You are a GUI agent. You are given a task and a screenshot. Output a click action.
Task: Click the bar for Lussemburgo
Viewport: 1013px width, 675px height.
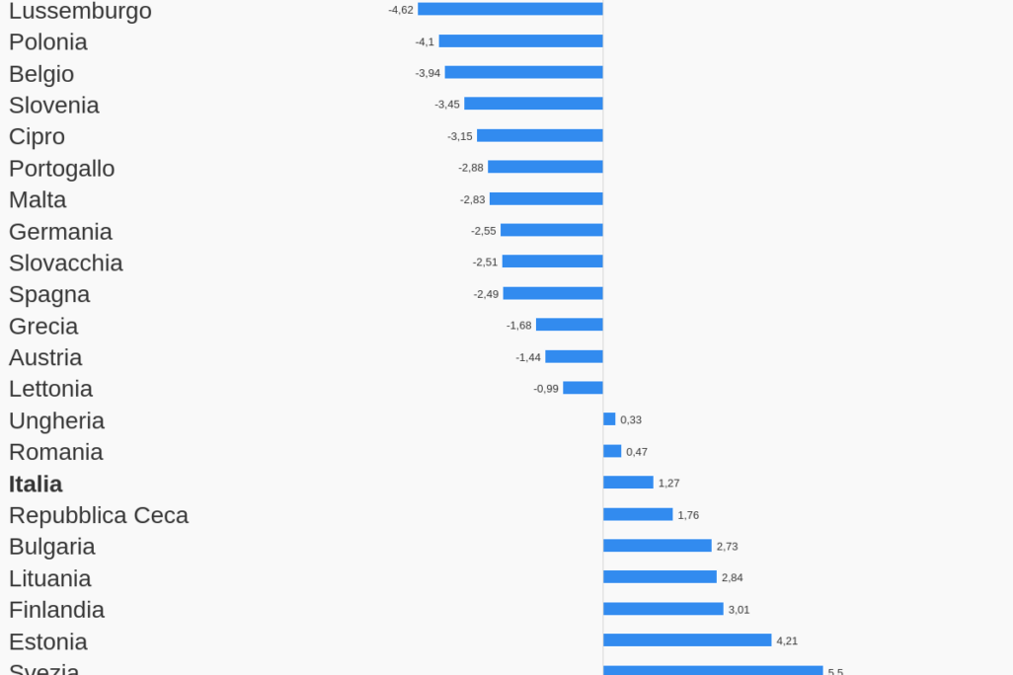(x=509, y=9)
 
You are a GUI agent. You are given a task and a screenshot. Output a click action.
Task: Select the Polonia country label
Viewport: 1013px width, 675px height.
(x=48, y=42)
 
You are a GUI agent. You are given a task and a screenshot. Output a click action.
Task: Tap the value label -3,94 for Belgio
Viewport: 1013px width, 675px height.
(x=428, y=73)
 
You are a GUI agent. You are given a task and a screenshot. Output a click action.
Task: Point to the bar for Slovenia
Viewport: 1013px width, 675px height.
(x=533, y=104)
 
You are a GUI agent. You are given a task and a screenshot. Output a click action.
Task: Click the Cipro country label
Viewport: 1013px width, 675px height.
(x=37, y=137)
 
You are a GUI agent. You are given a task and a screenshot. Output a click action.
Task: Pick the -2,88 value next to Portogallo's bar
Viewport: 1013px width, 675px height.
(x=470, y=168)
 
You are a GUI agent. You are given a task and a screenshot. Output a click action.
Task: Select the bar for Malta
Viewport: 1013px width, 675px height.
(x=546, y=199)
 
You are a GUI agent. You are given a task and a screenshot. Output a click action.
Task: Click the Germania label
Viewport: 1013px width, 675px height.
(x=60, y=232)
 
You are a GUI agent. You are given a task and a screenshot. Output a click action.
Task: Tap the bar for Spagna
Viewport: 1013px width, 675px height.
(x=553, y=294)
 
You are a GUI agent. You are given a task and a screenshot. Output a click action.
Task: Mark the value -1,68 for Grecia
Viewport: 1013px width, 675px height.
(x=518, y=326)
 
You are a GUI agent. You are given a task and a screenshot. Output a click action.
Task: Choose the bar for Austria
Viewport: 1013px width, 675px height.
(x=574, y=357)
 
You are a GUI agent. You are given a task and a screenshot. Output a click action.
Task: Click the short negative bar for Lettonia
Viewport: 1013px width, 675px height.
(x=583, y=389)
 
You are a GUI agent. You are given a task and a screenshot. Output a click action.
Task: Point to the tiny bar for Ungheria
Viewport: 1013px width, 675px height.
(x=609, y=419)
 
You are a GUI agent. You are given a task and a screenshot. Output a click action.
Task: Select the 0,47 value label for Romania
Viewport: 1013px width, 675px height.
(x=637, y=452)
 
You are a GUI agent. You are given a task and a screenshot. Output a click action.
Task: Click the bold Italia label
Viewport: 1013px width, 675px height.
(x=36, y=485)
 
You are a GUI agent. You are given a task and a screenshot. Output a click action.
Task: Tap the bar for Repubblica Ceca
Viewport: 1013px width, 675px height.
(x=638, y=515)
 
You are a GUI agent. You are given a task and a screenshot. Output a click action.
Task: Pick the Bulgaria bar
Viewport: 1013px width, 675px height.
(x=658, y=546)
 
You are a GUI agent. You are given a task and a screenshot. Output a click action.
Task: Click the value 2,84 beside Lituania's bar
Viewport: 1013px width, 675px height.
(x=733, y=577)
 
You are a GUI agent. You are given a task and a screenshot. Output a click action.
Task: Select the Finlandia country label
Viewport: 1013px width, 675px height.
(x=56, y=610)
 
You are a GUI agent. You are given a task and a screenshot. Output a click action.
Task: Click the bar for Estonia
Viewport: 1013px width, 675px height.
(x=687, y=640)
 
